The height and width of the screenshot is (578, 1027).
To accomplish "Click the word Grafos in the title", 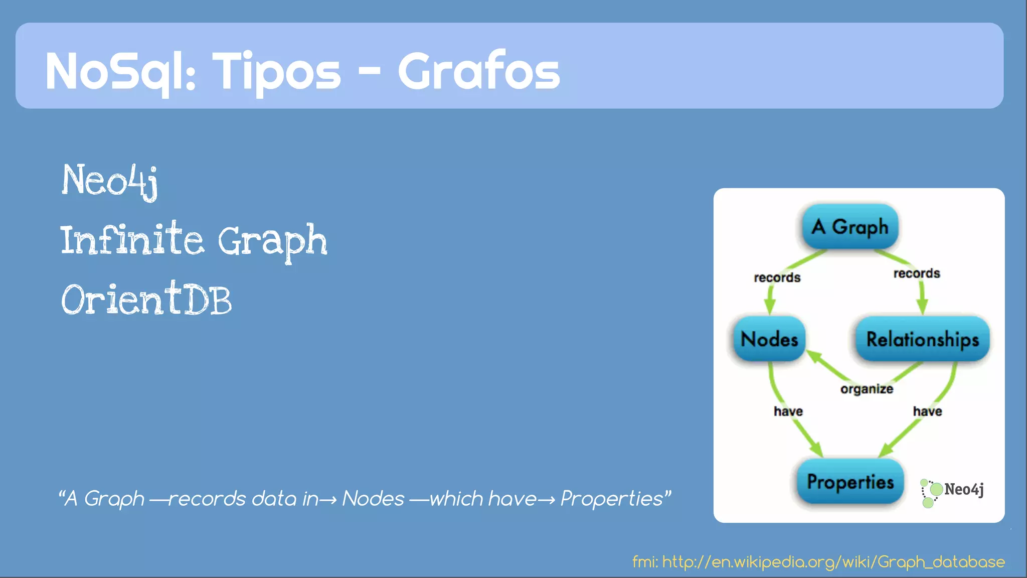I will point(478,71).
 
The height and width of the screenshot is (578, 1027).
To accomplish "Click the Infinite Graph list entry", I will point(194,240).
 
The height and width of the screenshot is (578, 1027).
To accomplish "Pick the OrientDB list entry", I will point(146,300).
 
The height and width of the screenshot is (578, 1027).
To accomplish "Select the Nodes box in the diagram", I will point(769,339).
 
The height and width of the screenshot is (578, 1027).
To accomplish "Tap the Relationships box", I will point(922,339).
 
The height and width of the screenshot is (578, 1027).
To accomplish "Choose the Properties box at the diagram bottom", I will point(850,482).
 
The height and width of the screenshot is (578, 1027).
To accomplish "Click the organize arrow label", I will point(867,389).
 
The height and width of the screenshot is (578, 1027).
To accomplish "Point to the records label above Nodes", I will point(777,277).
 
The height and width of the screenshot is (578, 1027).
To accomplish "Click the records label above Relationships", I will point(916,273).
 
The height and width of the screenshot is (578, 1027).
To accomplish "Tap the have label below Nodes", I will point(788,411).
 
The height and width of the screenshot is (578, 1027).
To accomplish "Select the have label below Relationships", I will point(927,411).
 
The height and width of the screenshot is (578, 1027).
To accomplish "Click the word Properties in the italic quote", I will point(612,499).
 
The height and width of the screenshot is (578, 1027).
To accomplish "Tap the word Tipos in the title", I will point(277,71).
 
